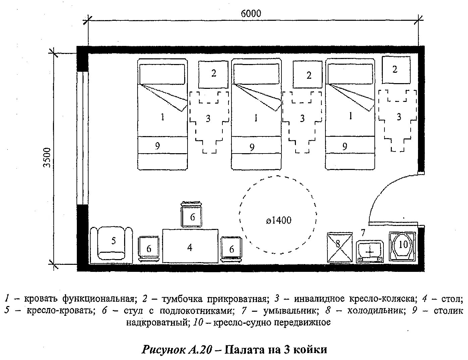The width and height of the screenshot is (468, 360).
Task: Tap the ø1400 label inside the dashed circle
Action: click(x=278, y=220)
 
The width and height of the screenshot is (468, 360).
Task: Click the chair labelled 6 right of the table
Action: click(x=231, y=248)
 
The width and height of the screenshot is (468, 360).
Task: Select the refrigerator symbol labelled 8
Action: click(x=339, y=246)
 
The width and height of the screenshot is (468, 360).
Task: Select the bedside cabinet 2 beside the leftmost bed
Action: click(x=213, y=74)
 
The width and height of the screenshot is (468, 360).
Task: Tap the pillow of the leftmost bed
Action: click(x=162, y=74)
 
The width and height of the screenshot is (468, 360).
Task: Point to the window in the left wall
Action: click(x=82, y=137)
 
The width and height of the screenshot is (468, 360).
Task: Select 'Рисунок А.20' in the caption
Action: click(x=177, y=349)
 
